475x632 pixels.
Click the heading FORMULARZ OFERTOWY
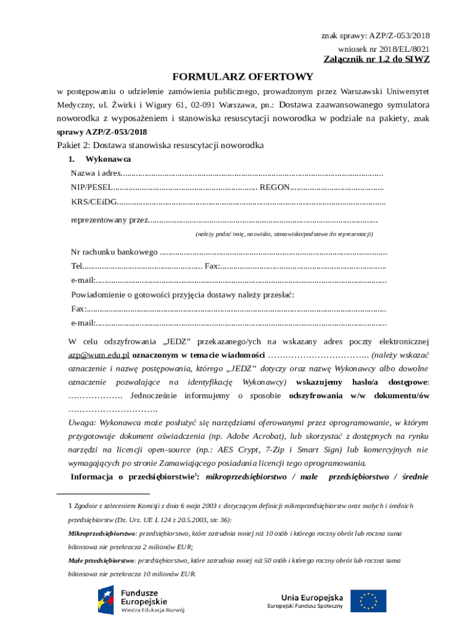pyautogui.click(x=242, y=77)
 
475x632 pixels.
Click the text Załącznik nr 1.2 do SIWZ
pyautogui.click(x=376, y=59)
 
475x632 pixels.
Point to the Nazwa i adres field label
pyautogui.click(x=95, y=173)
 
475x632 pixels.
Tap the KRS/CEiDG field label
pyautogui.click(x=93, y=201)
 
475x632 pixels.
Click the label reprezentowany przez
pyautogui.click(x=110, y=220)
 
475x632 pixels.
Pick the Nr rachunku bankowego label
pyautogui.click(x=114, y=252)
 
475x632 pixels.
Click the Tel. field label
pyautogui.click(x=76, y=267)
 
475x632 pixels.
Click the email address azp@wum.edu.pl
pyautogui.click(x=99, y=355)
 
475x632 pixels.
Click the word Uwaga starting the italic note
pyautogui.click(x=81, y=423)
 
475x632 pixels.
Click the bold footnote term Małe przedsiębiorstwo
pyautogui.click(x=101, y=561)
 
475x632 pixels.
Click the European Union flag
pyautogui.click(x=368, y=601)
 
